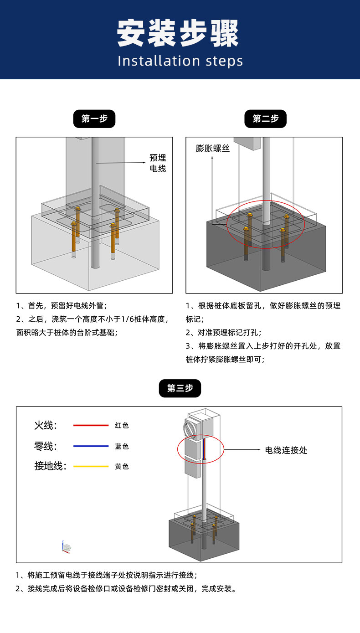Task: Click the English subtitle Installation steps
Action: coord(180,61)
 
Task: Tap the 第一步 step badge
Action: coord(94,119)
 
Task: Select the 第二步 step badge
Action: coord(266,119)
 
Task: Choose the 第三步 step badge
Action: coord(180,388)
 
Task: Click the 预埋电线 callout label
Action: coord(158,163)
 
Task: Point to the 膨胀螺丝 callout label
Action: coord(213,148)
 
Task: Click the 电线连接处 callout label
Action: coord(286,450)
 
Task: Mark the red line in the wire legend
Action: coord(91,425)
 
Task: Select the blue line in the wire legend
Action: coord(91,446)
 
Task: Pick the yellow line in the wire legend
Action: coord(91,466)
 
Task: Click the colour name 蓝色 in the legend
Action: coord(122,446)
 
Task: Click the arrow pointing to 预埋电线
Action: coord(121,163)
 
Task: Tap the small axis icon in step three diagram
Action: coord(66,547)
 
